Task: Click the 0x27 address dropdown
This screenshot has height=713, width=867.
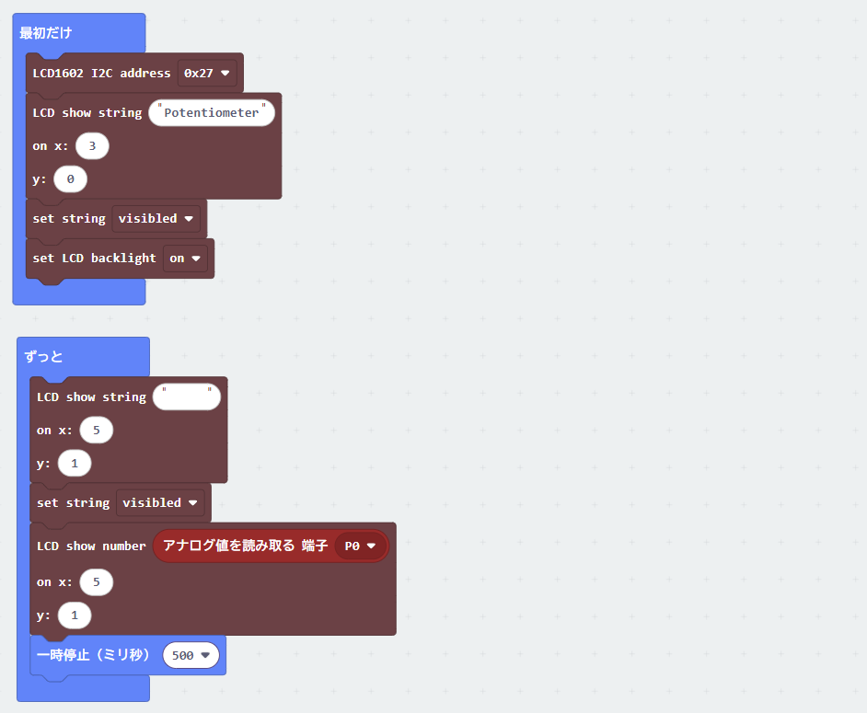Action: coord(207,73)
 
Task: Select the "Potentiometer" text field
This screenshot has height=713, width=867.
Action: coord(211,113)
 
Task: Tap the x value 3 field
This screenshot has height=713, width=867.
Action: coord(92,146)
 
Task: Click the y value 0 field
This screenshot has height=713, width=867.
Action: coord(70,179)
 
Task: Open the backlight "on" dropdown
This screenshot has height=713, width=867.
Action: coord(185,259)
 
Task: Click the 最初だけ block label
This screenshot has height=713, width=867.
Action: coord(46,33)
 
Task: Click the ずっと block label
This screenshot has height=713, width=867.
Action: coord(43,357)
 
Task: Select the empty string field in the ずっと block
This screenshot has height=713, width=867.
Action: coord(186,397)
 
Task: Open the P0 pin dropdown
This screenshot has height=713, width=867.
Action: coord(360,546)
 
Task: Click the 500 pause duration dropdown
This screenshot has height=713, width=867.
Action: coord(191,656)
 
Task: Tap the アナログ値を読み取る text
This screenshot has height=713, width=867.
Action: coord(229,546)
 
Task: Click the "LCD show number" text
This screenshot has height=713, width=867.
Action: coord(91,546)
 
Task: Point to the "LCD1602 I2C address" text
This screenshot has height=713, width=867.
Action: coord(102,73)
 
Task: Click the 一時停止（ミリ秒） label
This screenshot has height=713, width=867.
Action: coord(93,655)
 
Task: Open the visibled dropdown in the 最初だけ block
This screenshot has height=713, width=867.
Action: coord(156,219)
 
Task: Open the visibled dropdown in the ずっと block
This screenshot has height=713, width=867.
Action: coord(160,503)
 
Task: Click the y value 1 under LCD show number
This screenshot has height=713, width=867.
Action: coord(75,615)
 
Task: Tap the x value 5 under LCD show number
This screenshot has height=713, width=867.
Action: coord(97,582)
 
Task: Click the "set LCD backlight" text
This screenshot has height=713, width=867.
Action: coord(94,259)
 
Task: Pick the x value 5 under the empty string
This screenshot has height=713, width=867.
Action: coord(97,430)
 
